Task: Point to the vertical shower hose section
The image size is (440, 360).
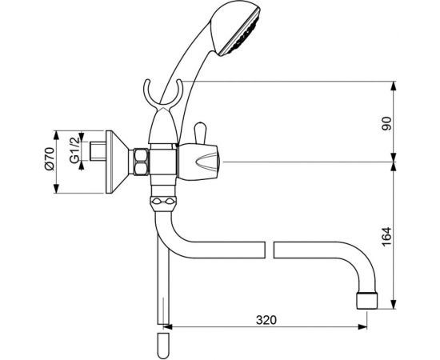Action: click(x=162, y=288)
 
